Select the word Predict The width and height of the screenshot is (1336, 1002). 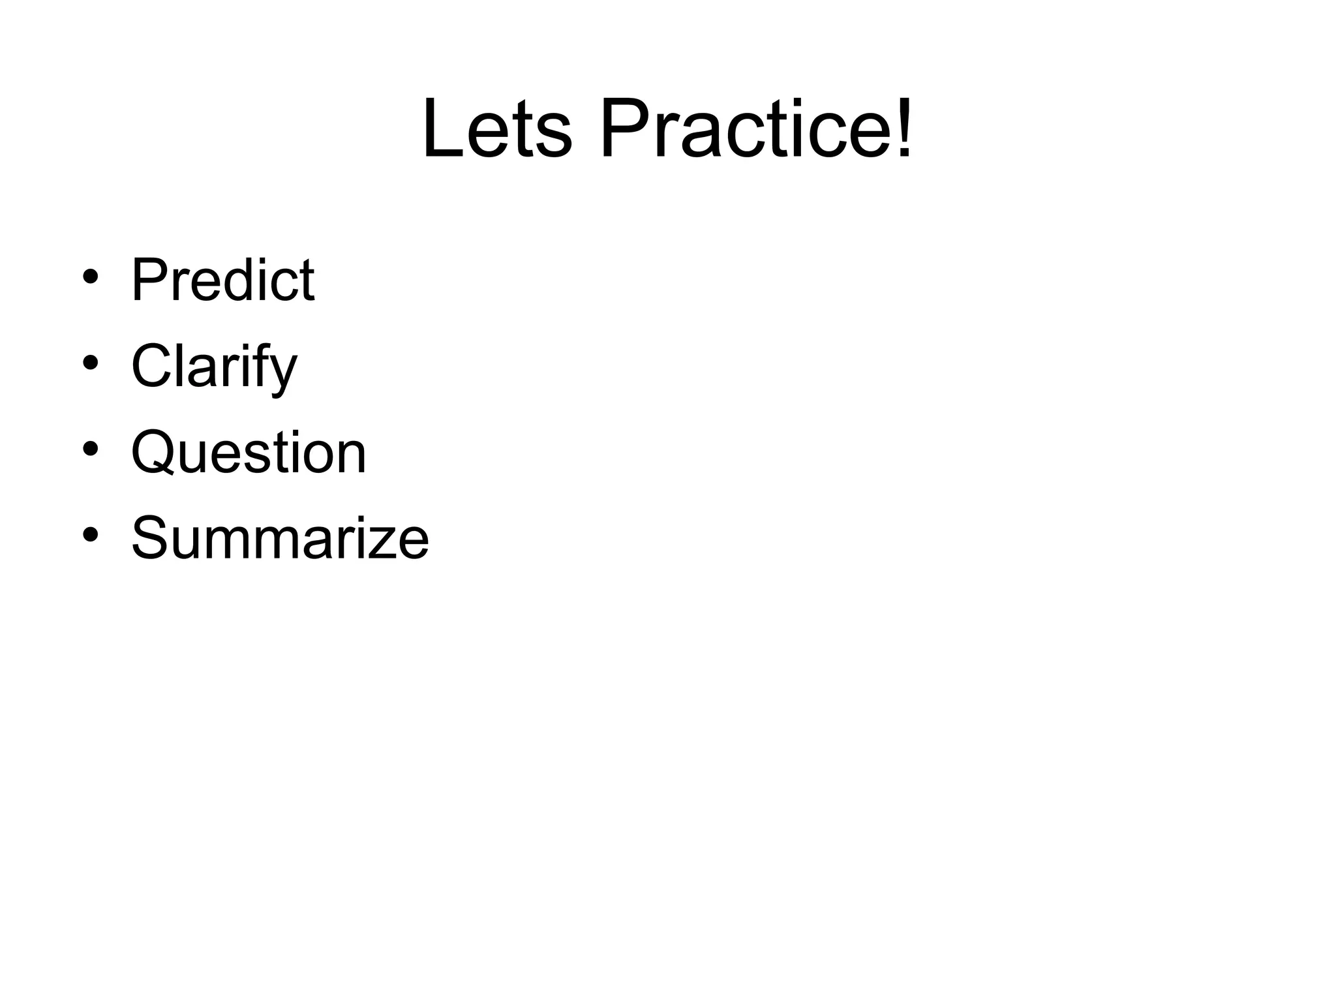coord(223,280)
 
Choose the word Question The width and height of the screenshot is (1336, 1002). coord(249,453)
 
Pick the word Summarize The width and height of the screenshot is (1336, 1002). coord(280,538)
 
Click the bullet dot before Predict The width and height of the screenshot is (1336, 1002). coord(91,277)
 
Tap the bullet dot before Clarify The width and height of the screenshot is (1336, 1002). coord(91,362)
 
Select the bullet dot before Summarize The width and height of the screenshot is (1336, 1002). coord(91,534)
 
